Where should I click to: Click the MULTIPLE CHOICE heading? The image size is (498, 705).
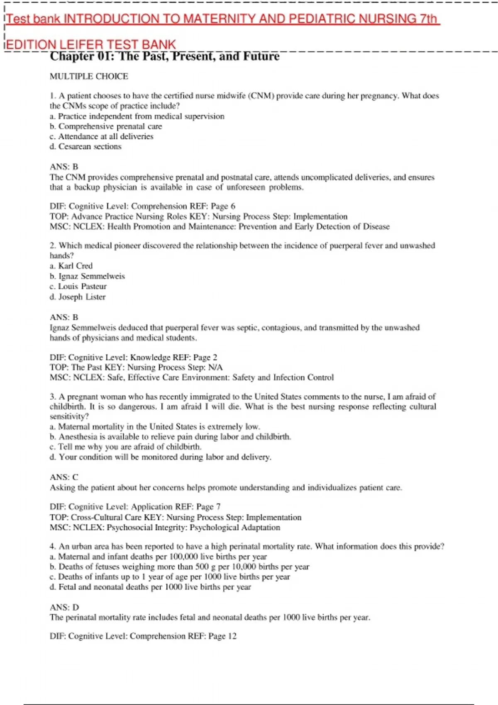tap(89, 76)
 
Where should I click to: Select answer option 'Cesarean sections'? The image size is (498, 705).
tap(90, 146)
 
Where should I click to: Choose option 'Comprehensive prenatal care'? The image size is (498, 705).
tap(110, 126)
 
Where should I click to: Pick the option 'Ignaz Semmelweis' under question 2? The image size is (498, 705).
tap(91, 276)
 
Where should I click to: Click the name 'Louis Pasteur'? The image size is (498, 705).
tap(82, 287)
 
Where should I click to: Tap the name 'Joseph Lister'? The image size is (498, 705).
tap(82, 297)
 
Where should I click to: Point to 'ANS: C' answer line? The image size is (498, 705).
tap(64, 477)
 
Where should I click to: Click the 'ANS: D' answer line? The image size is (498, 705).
tap(64, 608)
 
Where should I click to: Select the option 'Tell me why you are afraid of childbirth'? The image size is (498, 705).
tap(129, 447)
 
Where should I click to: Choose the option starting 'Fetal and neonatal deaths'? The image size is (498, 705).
tap(154, 587)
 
